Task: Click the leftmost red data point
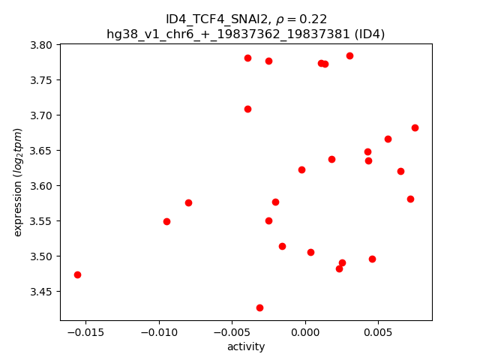coord(77,274)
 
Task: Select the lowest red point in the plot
coord(259,307)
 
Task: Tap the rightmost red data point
coord(415,127)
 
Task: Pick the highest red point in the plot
coord(349,55)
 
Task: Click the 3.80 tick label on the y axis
coord(42,45)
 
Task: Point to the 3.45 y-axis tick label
coord(42,292)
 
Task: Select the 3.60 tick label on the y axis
coord(42,186)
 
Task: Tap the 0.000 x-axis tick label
coord(305,331)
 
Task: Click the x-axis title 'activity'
coord(246,346)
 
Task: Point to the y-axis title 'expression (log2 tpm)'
coord(19,182)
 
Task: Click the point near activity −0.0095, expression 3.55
coord(166,221)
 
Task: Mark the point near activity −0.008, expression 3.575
coord(188,202)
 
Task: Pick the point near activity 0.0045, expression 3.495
coord(372,259)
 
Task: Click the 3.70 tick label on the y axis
coord(42,115)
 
